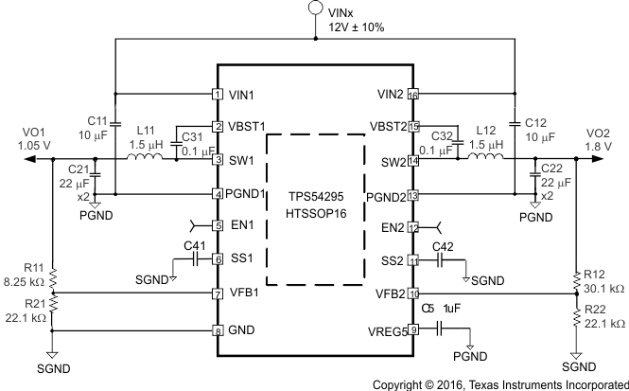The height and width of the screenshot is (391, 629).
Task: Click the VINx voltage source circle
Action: pyautogui.click(x=314, y=10)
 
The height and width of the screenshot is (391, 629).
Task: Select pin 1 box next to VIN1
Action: pyautogui.click(x=218, y=94)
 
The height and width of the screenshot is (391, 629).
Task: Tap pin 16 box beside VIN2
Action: pyautogui.click(x=413, y=94)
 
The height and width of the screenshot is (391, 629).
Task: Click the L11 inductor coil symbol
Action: pyautogui.click(x=147, y=158)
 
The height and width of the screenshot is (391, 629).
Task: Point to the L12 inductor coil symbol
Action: pyautogui.click(x=486, y=158)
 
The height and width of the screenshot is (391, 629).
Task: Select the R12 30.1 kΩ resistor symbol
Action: pyautogui.click(x=577, y=281)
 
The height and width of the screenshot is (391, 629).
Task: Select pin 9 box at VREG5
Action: pyautogui.click(x=413, y=329)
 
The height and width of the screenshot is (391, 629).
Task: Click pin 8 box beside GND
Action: pyautogui.click(x=218, y=330)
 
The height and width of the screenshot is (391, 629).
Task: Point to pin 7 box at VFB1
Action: pyautogui.click(x=218, y=293)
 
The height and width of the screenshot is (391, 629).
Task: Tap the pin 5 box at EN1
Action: pyautogui.click(x=218, y=225)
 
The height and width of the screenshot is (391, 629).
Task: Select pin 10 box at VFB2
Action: pyautogui.click(x=413, y=293)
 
